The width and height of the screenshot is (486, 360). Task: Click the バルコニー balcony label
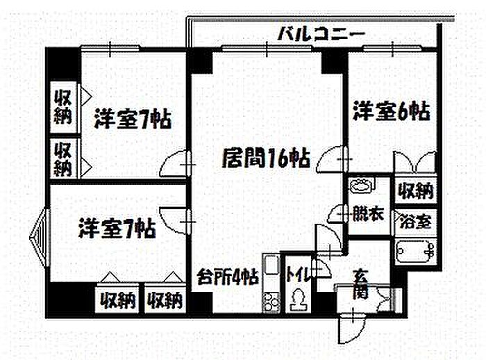(x=321, y=34)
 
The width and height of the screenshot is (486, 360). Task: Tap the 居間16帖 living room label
(x=266, y=158)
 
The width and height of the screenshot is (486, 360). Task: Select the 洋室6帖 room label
(x=392, y=111)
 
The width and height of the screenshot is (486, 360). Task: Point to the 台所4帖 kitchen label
(x=228, y=277)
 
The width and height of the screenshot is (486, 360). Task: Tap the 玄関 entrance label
(x=360, y=283)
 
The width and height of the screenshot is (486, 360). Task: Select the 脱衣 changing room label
(x=369, y=213)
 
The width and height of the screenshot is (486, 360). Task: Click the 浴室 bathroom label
(x=415, y=221)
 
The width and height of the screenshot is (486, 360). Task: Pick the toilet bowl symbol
(x=298, y=299)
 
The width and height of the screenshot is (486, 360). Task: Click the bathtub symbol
(x=415, y=252)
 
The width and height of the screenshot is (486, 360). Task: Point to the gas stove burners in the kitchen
(x=271, y=300)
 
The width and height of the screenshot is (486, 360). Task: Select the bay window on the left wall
(x=40, y=238)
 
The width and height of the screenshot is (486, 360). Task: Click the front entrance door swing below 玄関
(x=352, y=328)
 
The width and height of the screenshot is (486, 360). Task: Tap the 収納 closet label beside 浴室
(x=415, y=190)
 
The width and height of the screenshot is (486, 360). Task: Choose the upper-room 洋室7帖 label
(x=133, y=119)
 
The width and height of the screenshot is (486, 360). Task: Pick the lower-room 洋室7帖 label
(x=117, y=229)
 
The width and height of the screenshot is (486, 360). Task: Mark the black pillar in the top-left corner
(x=63, y=65)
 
